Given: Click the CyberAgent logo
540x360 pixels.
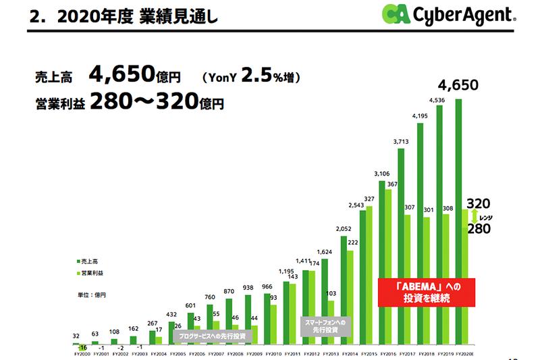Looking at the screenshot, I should click(448, 14).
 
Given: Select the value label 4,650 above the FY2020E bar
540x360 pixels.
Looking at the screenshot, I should click(458, 85).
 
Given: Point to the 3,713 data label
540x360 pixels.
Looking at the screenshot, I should click(402, 142).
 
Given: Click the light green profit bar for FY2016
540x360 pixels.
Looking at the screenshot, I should click(388, 266).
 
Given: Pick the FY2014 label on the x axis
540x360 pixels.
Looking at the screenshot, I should click(349, 353).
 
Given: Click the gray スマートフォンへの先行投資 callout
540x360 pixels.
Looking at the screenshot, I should click(326, 326).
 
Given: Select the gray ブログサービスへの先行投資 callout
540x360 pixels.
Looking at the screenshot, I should click(211, 335).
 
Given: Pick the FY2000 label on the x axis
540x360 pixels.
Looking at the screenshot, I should click(81, 353).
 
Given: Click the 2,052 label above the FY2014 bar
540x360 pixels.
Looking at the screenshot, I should click(344, 230).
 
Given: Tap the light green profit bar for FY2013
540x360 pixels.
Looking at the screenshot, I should click(331, 323).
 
